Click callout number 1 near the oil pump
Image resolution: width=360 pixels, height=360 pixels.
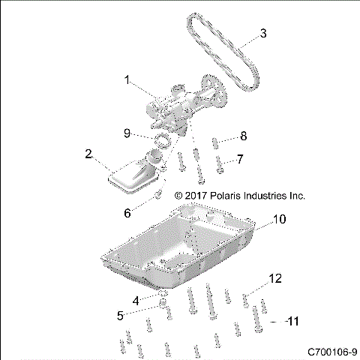127,79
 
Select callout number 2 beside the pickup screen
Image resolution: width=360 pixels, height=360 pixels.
88,154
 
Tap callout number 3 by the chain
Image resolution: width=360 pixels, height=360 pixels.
262,33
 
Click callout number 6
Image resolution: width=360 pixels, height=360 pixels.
127,213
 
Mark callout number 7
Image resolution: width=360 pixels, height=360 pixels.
240,159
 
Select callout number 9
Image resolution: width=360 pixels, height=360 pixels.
127,134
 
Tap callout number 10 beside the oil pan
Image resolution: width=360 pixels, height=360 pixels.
278,220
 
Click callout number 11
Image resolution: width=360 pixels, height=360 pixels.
293,321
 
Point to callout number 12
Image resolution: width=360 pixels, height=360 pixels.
275,278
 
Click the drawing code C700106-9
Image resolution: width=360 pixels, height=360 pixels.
331,351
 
